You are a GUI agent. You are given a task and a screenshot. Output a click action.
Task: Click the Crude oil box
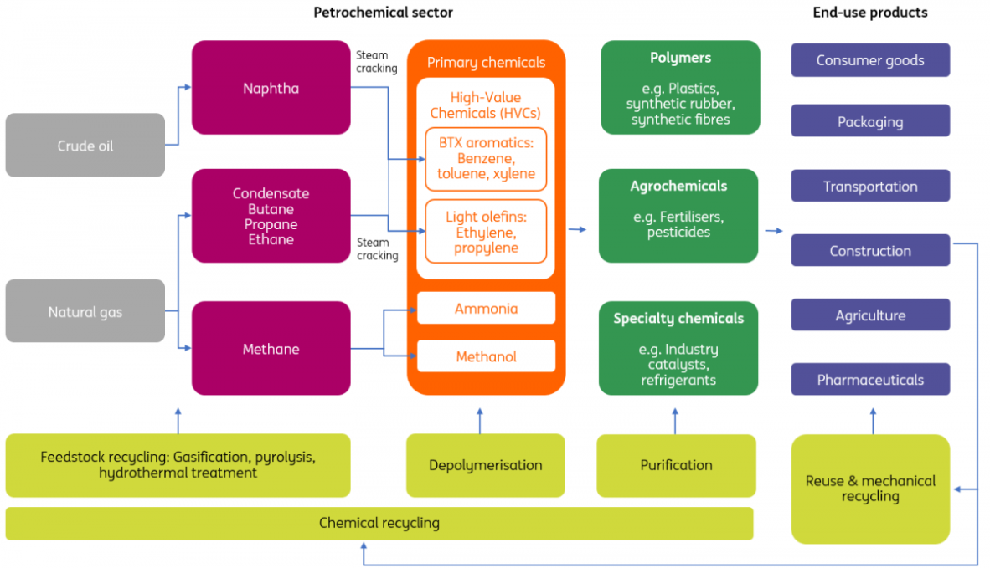point(85,146)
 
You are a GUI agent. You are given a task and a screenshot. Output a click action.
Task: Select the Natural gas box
point(85,312)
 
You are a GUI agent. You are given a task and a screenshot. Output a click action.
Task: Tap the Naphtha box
point(271,88)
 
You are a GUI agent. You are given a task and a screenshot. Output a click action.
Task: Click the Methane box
point(271,349)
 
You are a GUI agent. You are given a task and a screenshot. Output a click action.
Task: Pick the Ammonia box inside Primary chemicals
point(486,309)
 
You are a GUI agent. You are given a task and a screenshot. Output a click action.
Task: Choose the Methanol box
point(486,356)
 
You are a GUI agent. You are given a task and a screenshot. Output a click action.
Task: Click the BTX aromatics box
point(486,159)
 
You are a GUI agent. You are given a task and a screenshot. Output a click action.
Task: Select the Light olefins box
point(486,232)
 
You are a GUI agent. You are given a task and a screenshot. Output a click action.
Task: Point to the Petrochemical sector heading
point(383,13)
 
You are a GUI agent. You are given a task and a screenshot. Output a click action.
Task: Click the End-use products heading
point(870,13)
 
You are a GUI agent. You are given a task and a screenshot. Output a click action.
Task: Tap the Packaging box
point(870,121)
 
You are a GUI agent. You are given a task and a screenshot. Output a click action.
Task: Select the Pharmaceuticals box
point(870,380)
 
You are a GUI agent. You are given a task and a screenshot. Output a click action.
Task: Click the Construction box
point(870,251)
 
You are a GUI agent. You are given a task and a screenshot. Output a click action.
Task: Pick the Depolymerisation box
point(486,465)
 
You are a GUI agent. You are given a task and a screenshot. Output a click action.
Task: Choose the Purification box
point(676,465)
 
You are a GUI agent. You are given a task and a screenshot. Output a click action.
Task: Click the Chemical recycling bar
point(379,524)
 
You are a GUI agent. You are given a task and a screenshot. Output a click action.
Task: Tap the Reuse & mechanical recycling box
point(870,489)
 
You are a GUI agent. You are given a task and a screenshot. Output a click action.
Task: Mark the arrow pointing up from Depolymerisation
point(480,420)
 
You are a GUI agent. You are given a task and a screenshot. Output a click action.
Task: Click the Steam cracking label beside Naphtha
point(377,62)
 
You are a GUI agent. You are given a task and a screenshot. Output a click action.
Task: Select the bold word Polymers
point(680,58)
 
